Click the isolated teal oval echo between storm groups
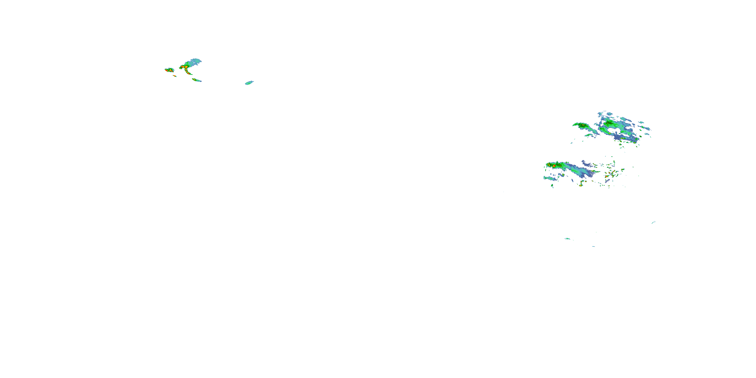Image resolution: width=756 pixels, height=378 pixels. pyautogui.click(x=249, y=83)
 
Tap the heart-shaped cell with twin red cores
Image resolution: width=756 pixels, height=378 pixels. pyautogui.click(x=169, y=70)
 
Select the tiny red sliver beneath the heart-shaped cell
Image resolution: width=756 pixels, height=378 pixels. pyautogui.click(x=175, y=76)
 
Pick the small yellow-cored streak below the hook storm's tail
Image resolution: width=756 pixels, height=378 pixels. pyautogui.click(x=196, y=80)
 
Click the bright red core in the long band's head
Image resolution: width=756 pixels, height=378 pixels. pyautogui.click(x=554, y=166)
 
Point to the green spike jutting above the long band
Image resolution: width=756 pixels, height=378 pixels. pyautogui.click(x=557, y=162)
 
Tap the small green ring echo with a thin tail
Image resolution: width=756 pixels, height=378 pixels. pyautogui.click(x=552, y=185)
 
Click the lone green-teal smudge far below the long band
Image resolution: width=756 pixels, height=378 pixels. pyautogui.click(x=568, y=239)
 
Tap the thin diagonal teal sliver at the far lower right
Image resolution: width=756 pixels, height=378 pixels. pyautogui.click(x=653, y=222)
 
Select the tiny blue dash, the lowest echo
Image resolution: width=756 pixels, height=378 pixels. pyautogui.click(x=593, y=246)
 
